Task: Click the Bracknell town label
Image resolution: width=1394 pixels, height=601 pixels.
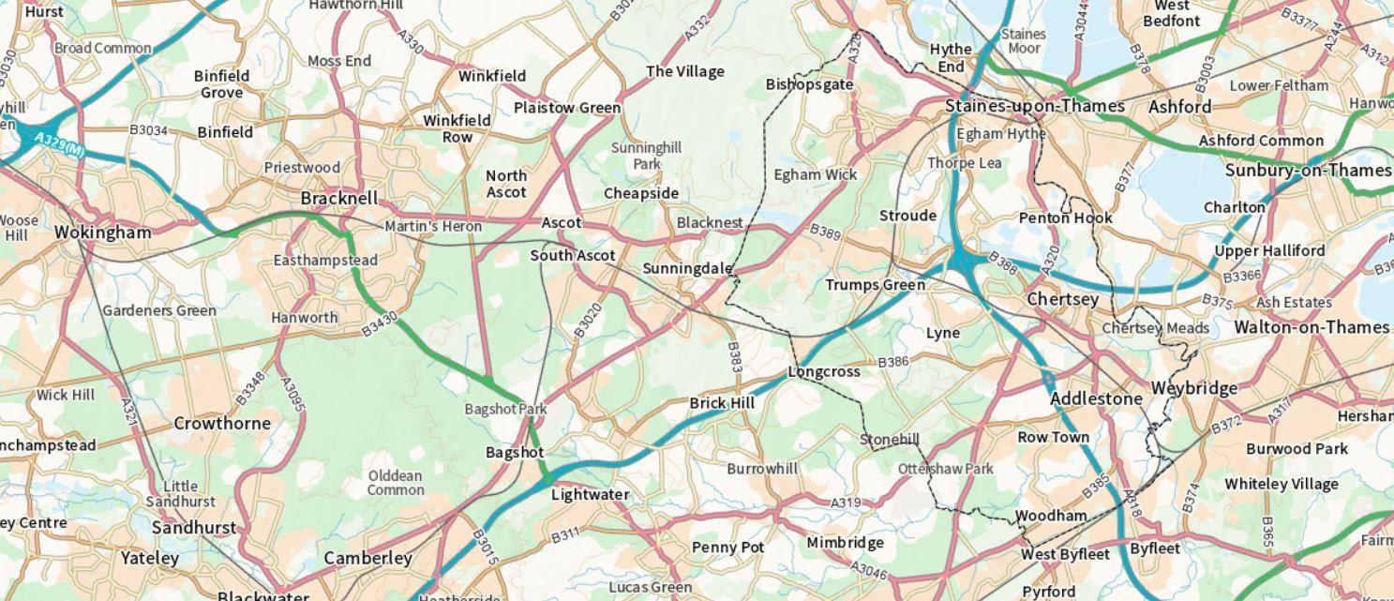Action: [339, 199]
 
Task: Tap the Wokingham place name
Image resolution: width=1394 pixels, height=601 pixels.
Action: [102, 233]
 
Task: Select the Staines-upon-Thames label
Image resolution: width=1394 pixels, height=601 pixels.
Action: [1034, 106]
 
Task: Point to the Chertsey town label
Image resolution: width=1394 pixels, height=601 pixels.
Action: [1062, 299]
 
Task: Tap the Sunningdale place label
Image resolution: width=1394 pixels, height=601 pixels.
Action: [687, 269]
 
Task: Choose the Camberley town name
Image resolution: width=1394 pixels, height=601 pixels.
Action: [367, 558]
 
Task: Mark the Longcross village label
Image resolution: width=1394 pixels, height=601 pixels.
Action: [823, 371]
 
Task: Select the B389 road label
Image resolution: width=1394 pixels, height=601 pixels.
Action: [826, 231]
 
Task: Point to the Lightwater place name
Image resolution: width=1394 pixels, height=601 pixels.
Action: [590, 494]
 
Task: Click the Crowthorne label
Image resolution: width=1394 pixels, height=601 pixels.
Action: [222, 423]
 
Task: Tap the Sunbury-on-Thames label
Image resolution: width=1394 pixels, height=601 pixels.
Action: [1308, 171]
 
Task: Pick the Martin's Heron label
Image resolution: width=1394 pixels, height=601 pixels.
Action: [433, 226]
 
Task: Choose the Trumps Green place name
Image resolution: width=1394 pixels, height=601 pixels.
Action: [875, 285]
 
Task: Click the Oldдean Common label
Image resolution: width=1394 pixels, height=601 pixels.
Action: [395, 483]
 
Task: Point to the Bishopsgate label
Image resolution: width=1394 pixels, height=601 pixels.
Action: [809, 84]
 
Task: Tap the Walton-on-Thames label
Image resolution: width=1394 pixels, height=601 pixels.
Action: [1311, 327]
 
